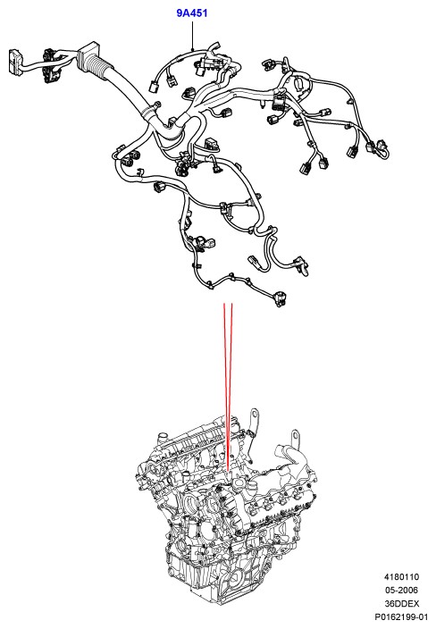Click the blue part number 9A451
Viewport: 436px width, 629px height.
point(192,13)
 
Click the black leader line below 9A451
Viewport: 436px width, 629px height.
point(192,36)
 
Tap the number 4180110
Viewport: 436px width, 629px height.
point(401,577)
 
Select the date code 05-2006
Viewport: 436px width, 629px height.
point(401,590)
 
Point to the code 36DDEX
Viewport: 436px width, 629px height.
point(401,603)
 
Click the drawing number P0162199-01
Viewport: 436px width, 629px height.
point(401,616)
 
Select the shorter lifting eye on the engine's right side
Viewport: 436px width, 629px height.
point(295,438)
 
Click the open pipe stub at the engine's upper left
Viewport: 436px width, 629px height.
point(163,436)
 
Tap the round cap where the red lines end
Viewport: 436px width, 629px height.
point(228,477)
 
